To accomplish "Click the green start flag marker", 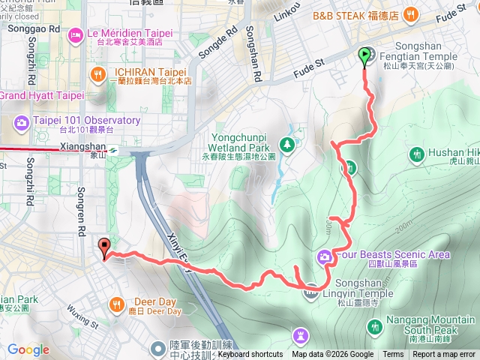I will (x=365, y=54).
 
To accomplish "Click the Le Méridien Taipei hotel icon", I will (x=76, y=34).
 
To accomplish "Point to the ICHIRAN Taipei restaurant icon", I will (x=98, y=73).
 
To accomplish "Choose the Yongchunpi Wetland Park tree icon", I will (x=286, y=143).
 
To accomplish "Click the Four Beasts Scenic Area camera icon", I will (x=325, y=256).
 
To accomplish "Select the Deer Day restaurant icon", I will (x=117, y=304).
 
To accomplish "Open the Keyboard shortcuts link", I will (x=250, y=355).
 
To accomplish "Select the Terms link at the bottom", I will (x=393, y=355).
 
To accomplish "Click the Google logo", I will (x=28, y=349).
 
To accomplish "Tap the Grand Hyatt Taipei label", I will (x=41, y=96).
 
